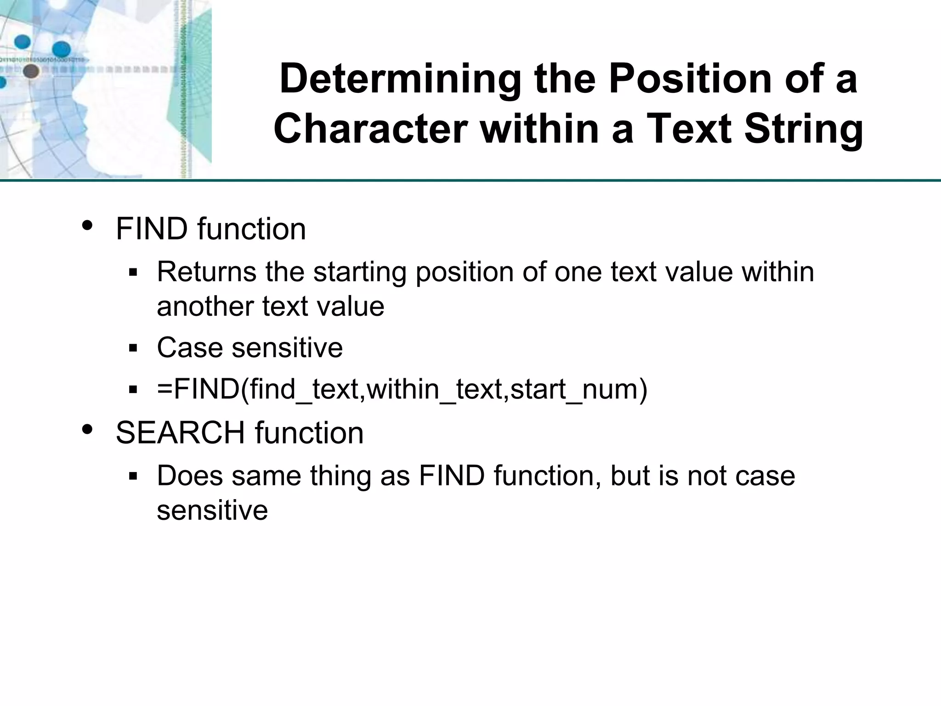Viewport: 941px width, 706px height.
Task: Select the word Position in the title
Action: pos(692,79)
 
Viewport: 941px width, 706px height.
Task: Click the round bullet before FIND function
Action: pos(87,226)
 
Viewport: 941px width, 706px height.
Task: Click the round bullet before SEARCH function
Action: pos(87,430)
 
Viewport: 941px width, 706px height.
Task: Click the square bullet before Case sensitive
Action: pos(133,348)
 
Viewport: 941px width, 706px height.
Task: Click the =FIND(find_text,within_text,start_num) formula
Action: pos(402,389)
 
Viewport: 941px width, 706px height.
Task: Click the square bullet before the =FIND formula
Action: pos(133,390)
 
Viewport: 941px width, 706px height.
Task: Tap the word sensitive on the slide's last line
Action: pos(212,510)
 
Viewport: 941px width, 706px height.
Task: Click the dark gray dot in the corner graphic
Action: pos(31,71)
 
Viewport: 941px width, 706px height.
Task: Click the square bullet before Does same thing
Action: pos(133,476)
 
